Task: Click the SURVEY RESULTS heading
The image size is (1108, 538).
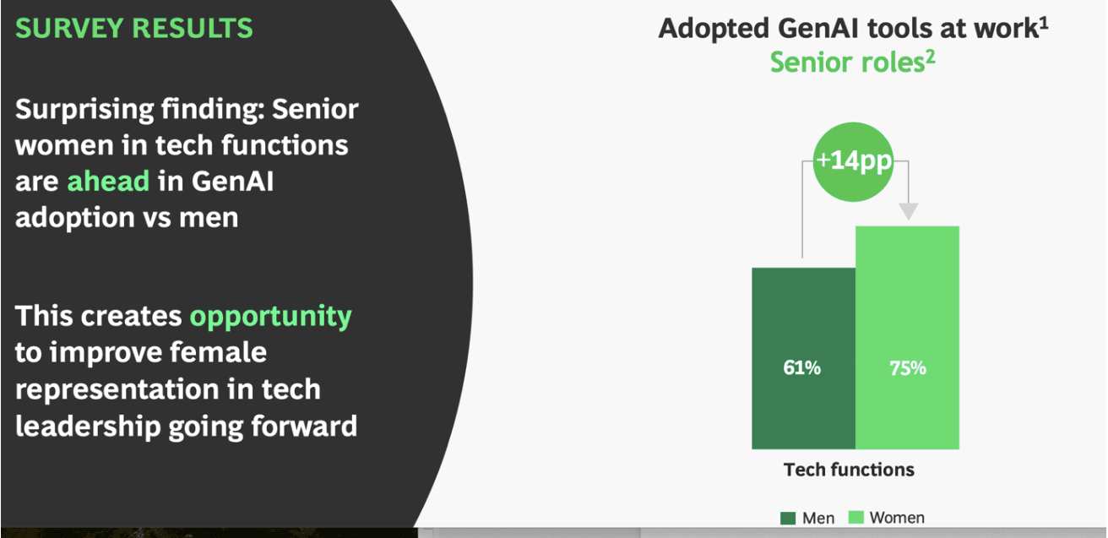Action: coord(134,28)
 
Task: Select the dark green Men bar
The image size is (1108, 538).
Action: coord(803,358)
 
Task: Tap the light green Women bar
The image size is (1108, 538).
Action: coord(907,338)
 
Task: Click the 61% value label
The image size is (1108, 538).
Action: coord(801,367)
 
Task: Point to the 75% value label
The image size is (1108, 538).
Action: coord(908,368)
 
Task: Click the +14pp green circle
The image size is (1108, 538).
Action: coord(853,161)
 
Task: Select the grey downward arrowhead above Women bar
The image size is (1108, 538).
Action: coord(908,211)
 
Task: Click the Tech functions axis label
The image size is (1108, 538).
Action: coord(849,470)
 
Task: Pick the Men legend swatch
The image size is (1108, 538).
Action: coord(788,518)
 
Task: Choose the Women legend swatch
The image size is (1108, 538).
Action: coord(855,517)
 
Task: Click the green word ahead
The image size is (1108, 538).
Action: coord(108,181)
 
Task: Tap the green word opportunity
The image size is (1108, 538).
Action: coord(270,317)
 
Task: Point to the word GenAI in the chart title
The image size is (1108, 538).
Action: coord(818,28)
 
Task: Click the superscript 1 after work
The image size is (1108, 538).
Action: coord(1044,24)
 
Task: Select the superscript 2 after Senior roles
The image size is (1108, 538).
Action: coord(931,57)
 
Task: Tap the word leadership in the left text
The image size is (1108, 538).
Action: coord(88,427)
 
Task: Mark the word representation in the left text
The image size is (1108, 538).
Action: coord(117,390)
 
